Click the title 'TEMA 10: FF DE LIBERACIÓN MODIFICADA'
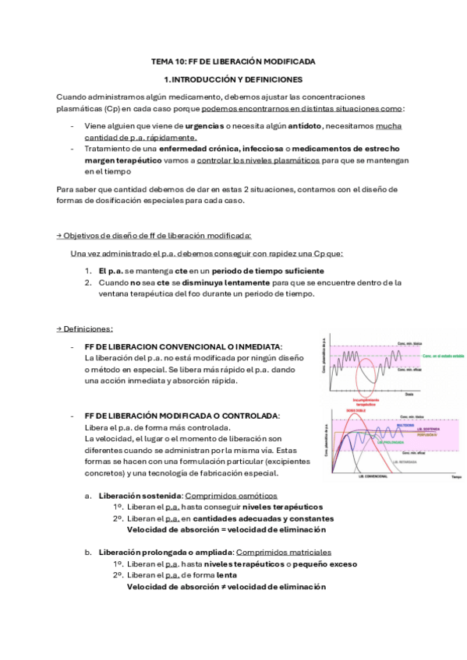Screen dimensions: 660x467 pos(233,61)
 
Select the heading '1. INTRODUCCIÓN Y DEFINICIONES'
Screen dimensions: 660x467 pos(233,79)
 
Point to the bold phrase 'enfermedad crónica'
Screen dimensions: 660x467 pos(176,148)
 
